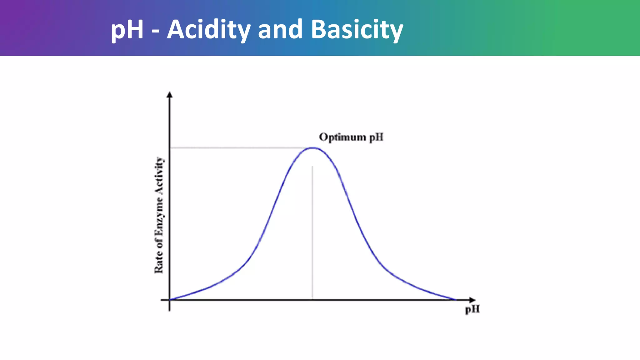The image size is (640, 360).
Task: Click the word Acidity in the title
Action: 208,30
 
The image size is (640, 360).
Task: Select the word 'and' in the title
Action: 280,30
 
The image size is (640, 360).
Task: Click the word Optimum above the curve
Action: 342,137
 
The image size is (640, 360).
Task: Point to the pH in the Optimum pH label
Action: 376,137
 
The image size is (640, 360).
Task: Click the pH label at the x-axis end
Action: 472,309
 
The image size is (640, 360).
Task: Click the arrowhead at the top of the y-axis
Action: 169,94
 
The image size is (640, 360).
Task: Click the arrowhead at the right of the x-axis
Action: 472,300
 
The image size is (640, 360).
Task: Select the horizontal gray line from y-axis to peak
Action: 237,147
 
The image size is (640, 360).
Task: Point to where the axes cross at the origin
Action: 169,300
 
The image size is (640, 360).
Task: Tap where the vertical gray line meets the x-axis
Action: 312,299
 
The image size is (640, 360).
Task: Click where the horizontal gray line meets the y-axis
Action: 169,147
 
